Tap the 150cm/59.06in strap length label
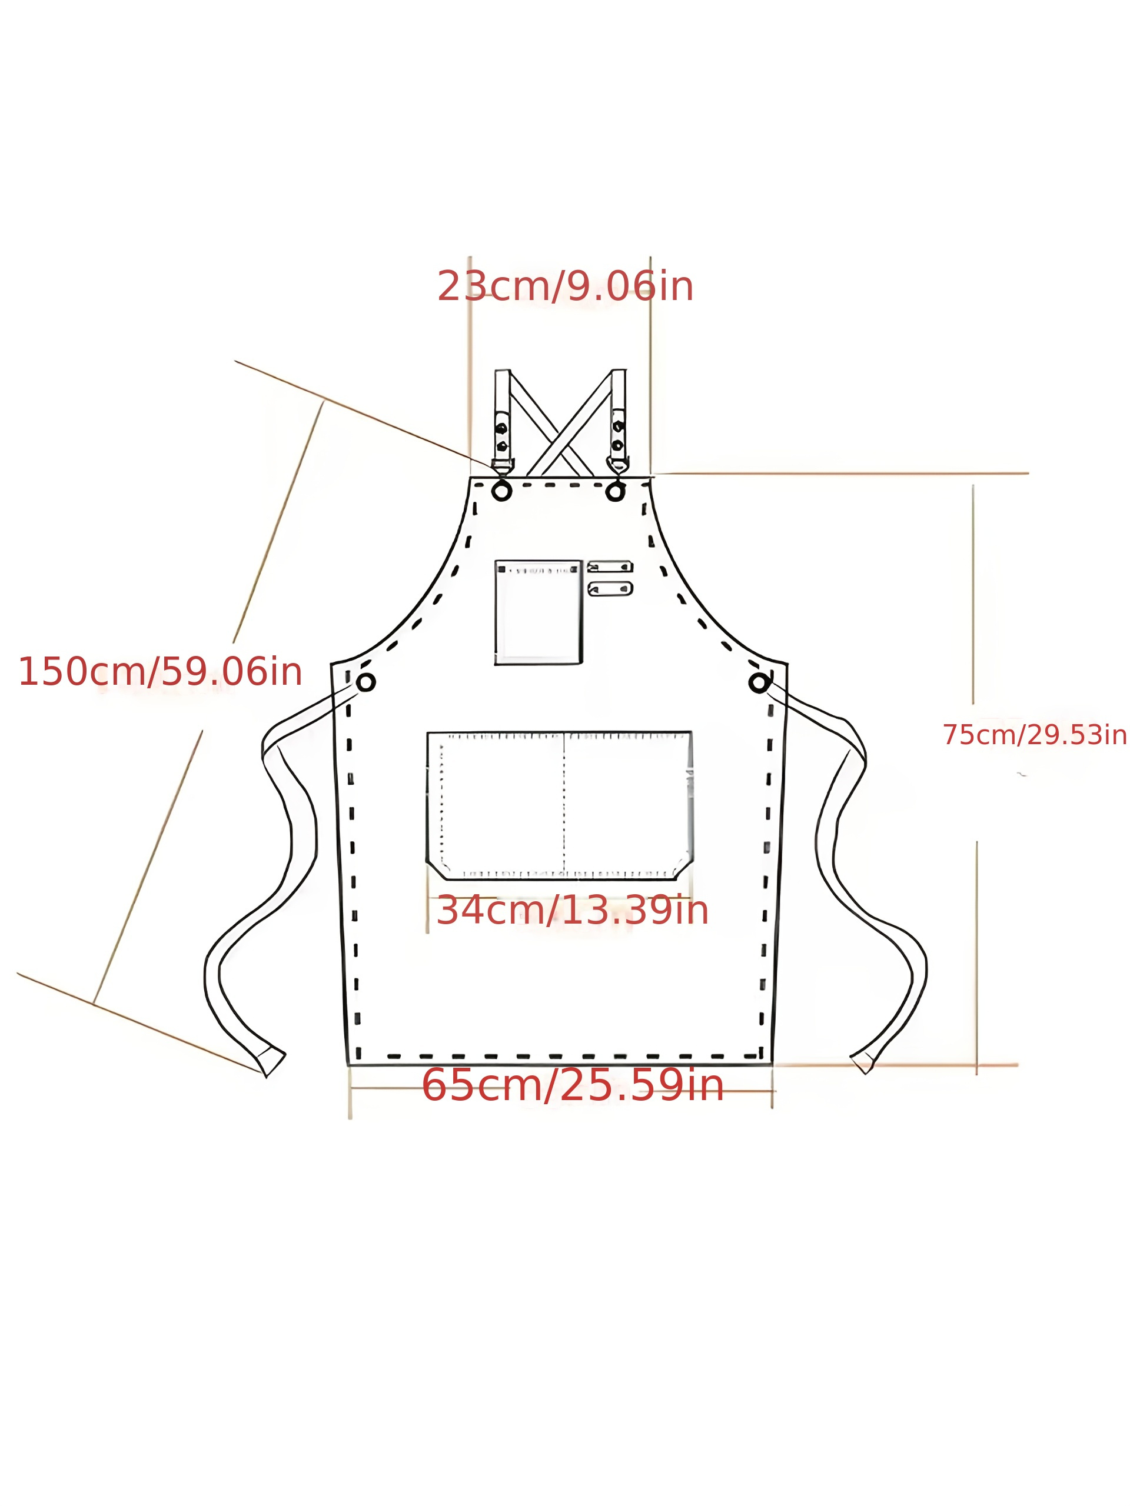coord(160,672)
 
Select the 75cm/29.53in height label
coord(1034,735)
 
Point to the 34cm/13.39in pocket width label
coord(572,910)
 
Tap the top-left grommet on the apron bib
coord(501,491)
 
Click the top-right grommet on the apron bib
coord(615,491)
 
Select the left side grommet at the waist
coord(365,682)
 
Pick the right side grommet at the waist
coord(759,683)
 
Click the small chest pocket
coord(538,611)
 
